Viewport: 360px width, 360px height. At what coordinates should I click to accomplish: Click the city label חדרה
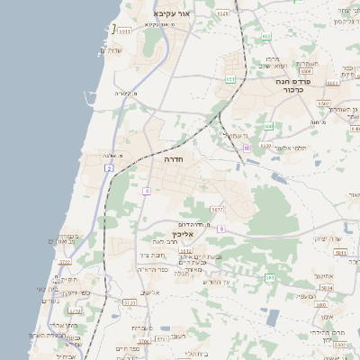click(175, 157)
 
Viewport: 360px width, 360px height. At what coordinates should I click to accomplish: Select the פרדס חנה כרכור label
click(292, 85)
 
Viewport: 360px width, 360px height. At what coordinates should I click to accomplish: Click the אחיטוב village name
click(325, 275)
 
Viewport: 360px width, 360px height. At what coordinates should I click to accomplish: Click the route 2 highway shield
click(109, 168)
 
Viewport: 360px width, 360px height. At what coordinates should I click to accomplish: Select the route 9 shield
click(220, 229)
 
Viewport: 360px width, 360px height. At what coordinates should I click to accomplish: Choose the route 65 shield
click(247, 147)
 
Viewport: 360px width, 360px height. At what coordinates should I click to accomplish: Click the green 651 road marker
click(230, 79)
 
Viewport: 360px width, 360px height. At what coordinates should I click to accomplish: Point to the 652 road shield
click(266, 36)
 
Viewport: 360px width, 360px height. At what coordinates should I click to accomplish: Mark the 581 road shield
click(269, 277)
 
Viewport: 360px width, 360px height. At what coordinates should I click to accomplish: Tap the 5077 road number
click(218, 209)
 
